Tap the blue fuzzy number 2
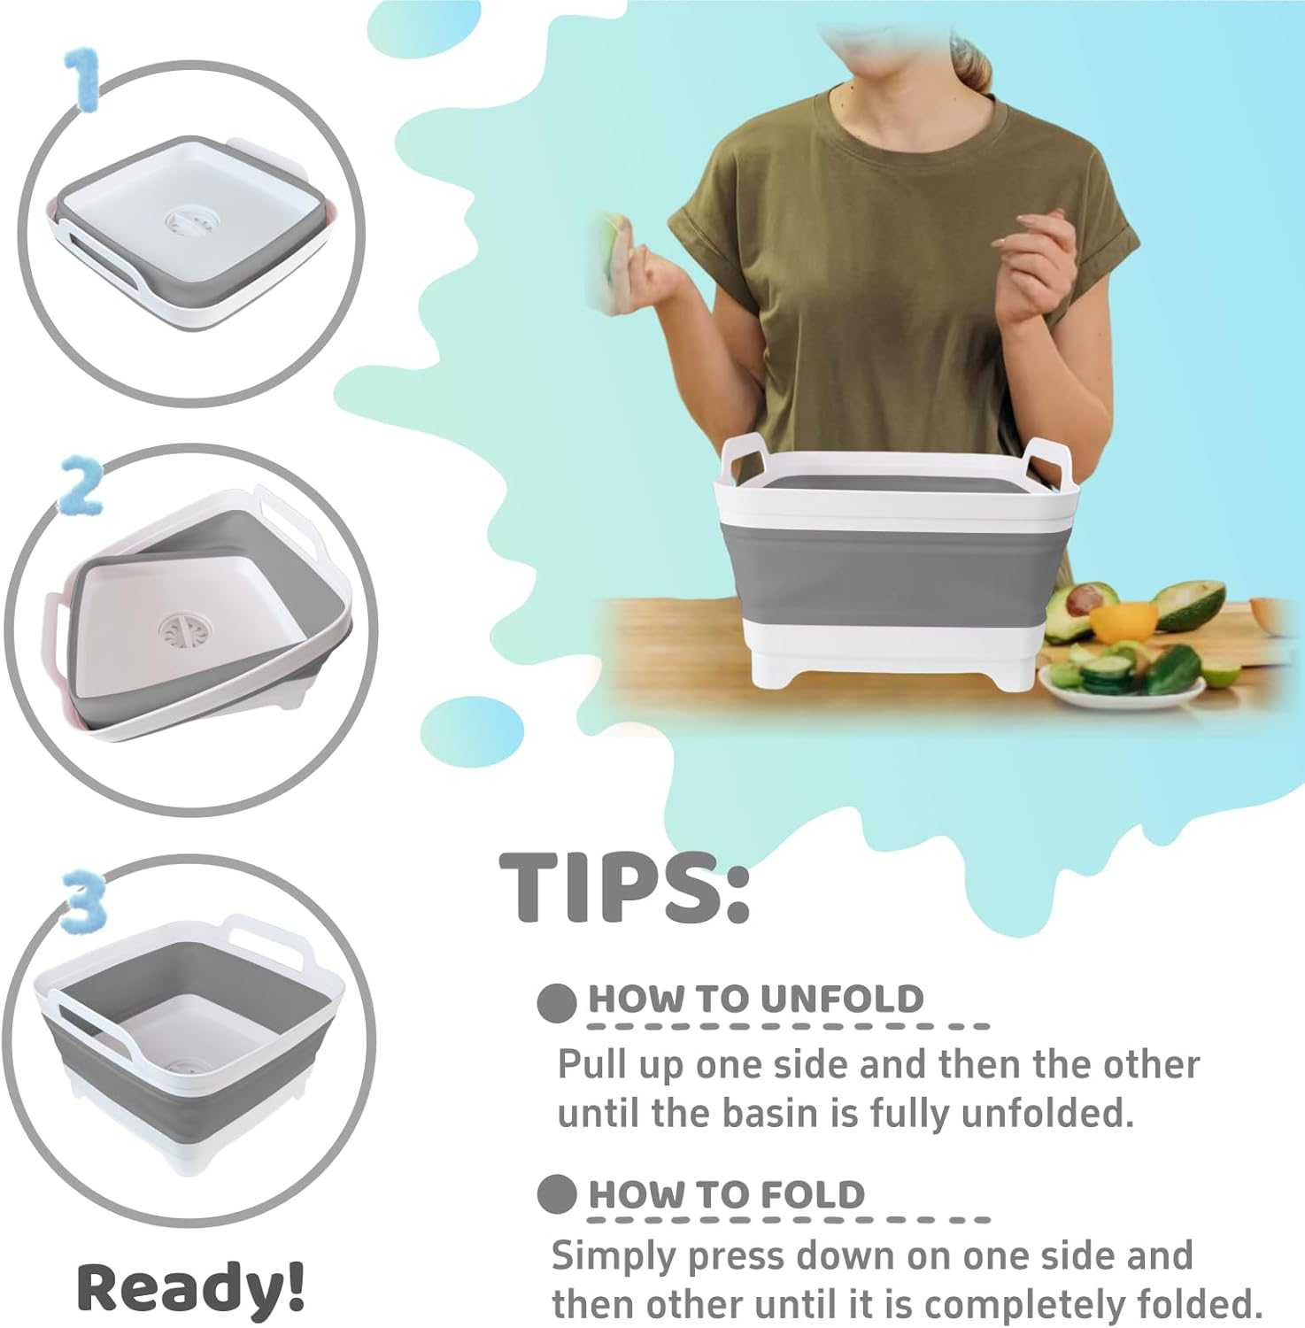tap(80, 488)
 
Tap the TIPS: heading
tap(625, 888)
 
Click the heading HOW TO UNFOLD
tap(755, 999)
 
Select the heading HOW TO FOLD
tap(726, 1194)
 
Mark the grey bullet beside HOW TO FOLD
tap(556, 1195)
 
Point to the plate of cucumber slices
tap(1116, 683)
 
